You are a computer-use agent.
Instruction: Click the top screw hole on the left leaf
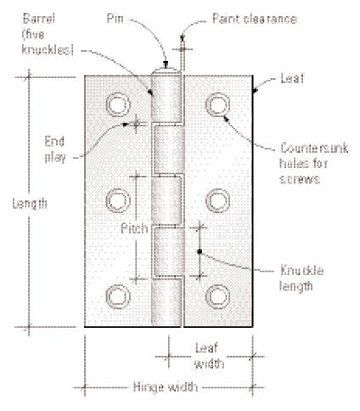pos(118,104)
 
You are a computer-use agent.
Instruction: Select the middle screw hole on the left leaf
pos(118,200)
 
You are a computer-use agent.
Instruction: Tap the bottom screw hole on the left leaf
pos(118,296)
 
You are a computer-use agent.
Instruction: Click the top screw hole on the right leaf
pos(217,104)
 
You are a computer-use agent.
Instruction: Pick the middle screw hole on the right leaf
pos(217,200)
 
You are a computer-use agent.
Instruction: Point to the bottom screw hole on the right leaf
pos(217,296)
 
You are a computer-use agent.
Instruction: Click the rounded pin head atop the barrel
pos(166,71)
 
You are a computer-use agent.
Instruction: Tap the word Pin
pos(115,19)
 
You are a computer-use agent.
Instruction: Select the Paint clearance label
pos(255,19)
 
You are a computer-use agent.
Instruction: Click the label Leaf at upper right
pos(292,78)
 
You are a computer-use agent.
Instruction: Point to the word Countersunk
pos(314,148)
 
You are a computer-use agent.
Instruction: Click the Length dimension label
pos(30,204)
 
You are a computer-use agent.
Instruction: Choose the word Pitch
pos(134,228)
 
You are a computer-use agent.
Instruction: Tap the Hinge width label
pos(166,386)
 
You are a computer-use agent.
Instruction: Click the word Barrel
pos(39,19)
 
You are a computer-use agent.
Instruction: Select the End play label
pos(55,149)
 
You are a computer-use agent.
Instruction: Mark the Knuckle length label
pos(301,279)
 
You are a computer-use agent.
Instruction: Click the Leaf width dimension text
pos(210,356)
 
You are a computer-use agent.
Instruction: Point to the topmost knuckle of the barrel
pos(166,99)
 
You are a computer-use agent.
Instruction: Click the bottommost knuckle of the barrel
pos(166,302)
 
